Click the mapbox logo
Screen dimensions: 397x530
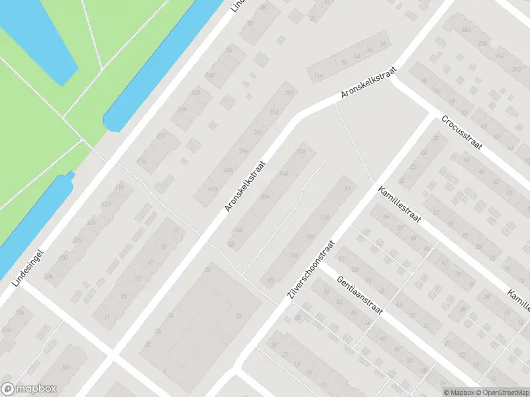coord(28,389)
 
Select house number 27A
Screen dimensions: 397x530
coord(288,93)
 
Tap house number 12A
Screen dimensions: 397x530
coord(301,152)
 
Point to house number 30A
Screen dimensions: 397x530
coord(266,197)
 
